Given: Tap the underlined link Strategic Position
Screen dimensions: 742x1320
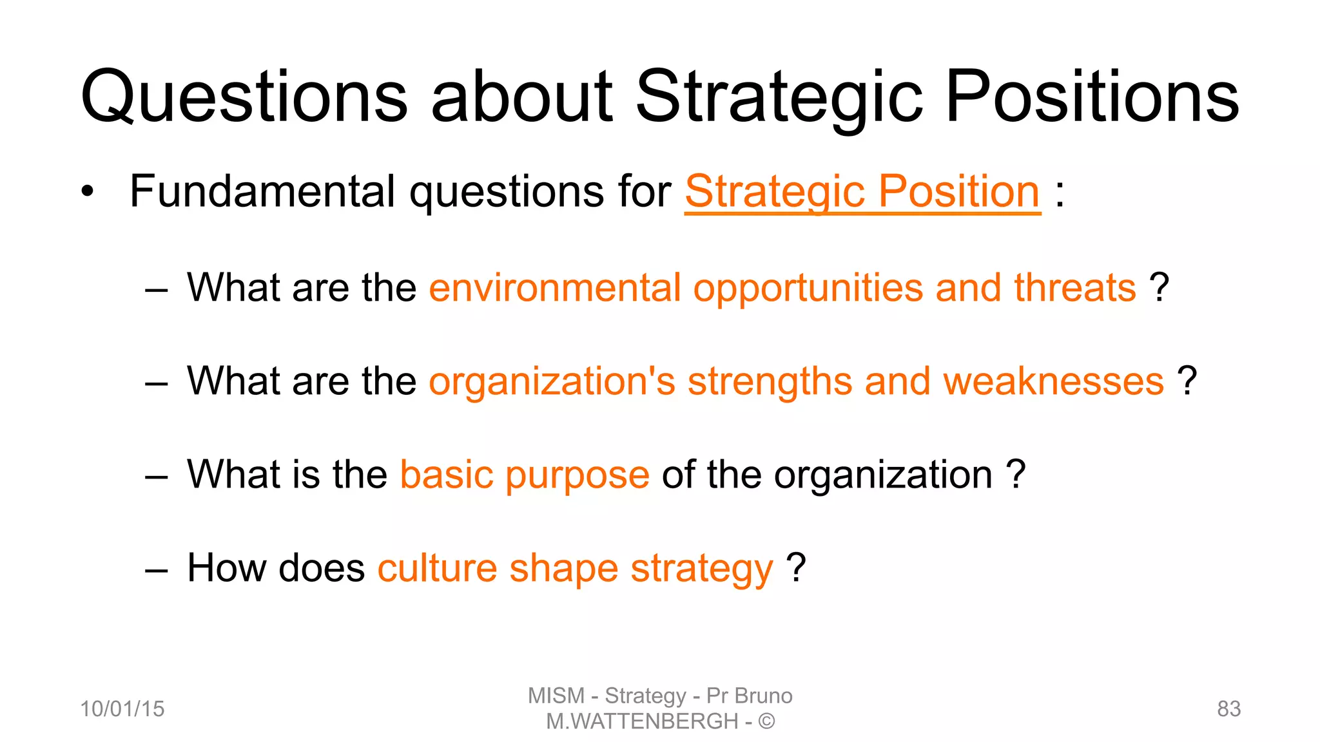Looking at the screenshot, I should (x=862, y=191).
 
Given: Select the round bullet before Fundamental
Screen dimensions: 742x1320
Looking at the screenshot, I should (x=88, y=192).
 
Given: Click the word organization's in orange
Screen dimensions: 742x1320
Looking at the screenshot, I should (x=552, y=381).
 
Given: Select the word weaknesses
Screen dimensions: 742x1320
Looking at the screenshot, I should (x=1053, y=381).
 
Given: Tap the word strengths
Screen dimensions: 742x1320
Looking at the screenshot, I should (x=770, y=381).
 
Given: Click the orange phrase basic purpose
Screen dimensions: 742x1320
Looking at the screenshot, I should (x=525, y=475).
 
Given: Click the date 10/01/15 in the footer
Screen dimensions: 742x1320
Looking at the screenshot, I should (x=122, y=709).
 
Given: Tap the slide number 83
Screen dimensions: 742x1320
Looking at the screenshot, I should (x=1228, y=709).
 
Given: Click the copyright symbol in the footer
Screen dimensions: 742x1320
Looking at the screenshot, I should (x=766, y=721).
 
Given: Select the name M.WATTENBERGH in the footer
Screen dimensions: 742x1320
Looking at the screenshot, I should (x=642, y=721).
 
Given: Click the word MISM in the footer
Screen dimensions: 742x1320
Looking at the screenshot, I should (x=556, y=696).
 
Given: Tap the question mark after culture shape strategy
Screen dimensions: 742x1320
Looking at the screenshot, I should (x=797, y=568).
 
